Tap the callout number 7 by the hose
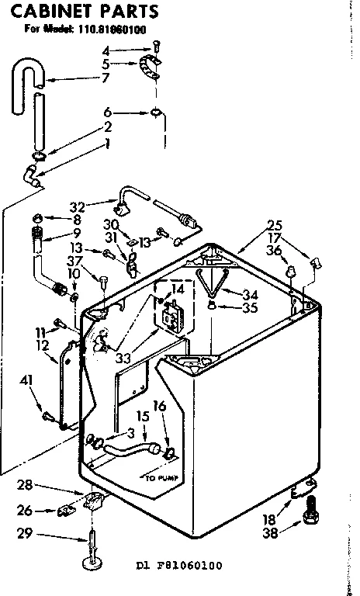click(x=106, y=78)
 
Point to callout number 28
click(x=25, y=485)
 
